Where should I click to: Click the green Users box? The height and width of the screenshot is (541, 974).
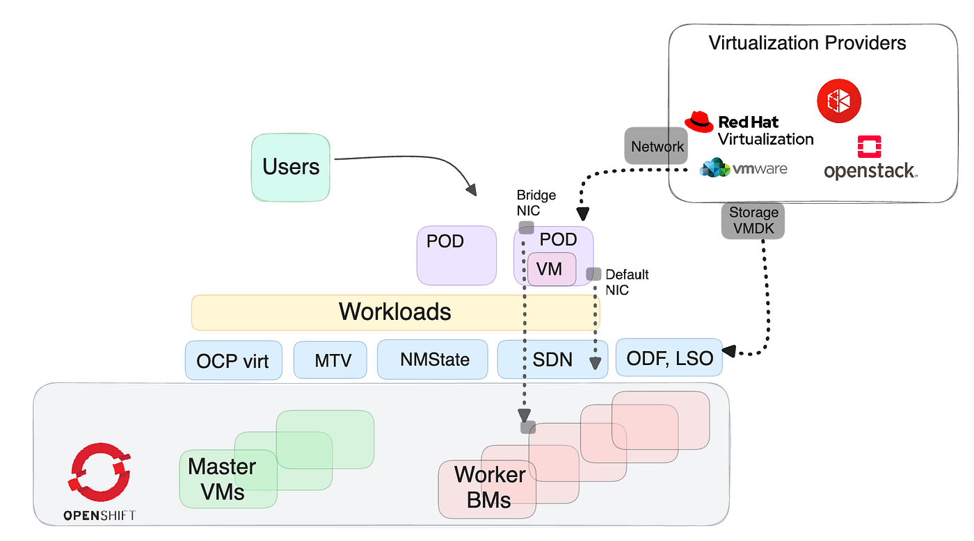click(x=290, y=167)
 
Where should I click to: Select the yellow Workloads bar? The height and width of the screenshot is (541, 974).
click(x=394, y=312)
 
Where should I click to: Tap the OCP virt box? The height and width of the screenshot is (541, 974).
click(x=233, y=360)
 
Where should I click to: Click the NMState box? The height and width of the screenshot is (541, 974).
click(x=434, y=360)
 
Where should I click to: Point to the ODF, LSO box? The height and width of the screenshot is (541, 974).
click(x=669, y=358)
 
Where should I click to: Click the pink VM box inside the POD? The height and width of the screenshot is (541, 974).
click(x=550, y=268)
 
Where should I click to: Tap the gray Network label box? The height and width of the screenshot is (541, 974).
click(x=657, y=146)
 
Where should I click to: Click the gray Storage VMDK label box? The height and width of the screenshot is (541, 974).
click(x=753, y=220)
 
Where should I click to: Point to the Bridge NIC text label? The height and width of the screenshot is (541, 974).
click(x=536, y=203)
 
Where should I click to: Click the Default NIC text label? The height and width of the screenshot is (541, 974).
click(x=626, y=282)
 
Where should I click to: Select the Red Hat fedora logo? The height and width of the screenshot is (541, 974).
click(x=699, y=122)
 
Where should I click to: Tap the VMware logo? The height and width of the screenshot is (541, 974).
click(x=744, y=168)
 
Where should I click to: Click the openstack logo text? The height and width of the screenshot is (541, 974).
click(x=870, y=170)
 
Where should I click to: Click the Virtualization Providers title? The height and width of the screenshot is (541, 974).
click(x=807, y=43)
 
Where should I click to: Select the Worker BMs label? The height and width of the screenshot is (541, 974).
click(x=489, y=487)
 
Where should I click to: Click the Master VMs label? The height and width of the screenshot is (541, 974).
click(x=222, y=478)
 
